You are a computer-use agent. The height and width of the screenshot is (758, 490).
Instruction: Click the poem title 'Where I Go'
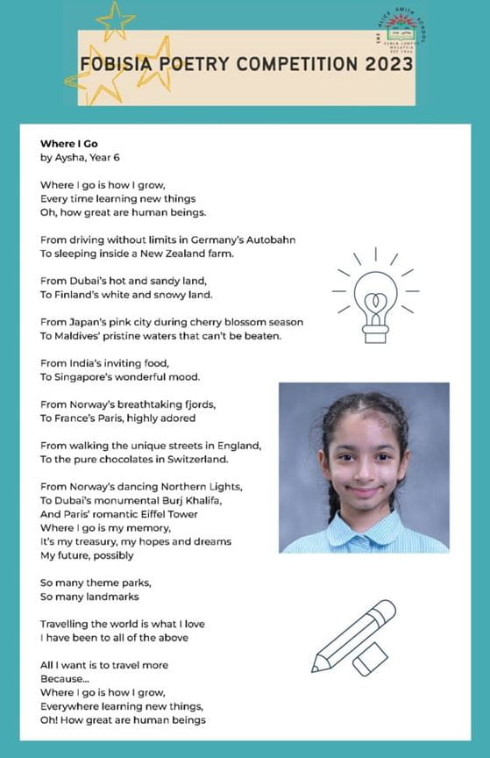coord(68,144)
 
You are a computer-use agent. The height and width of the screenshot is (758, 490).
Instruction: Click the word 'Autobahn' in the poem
coord(266,239)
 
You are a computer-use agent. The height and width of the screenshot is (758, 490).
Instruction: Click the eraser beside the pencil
coord(370,659)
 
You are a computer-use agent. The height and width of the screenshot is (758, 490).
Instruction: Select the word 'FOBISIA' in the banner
coord(113,65)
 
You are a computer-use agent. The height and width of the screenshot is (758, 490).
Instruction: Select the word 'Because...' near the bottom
coord(65,678)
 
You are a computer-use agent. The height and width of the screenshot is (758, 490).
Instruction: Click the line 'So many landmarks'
coord(89,597)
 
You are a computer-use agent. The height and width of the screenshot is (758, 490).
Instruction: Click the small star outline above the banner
coord(116,19)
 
